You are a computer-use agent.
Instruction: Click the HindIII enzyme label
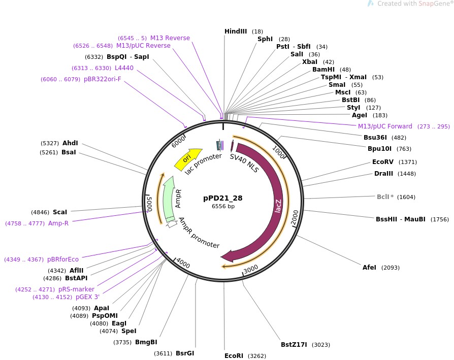(235, 31)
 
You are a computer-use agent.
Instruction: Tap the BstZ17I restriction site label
(294, 344)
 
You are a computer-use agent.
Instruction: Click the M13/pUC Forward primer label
(385, 126)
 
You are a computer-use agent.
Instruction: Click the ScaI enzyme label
(59, 212)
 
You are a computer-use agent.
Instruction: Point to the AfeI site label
(369, 268)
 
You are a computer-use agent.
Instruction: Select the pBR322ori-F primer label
(103, 79)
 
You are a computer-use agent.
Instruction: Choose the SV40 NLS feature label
(244, 163)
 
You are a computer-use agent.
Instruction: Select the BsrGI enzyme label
(185, 353)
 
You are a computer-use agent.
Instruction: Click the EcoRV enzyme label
(383, 162)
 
